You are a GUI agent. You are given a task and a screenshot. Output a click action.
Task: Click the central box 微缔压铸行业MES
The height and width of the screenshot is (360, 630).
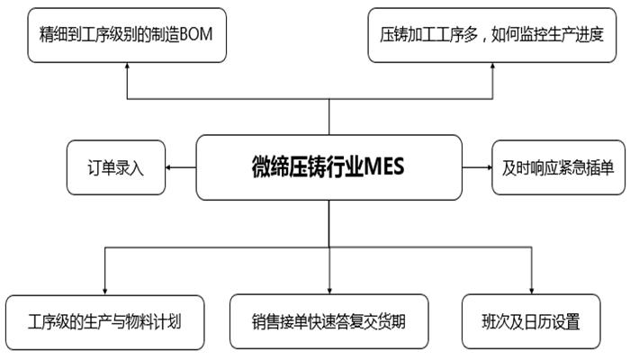pos(329,167)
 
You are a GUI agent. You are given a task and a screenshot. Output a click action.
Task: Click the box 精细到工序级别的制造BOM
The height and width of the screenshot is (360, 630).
pos(125,35)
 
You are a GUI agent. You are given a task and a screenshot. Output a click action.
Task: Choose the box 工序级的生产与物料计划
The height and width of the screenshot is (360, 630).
pos(106,320)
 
